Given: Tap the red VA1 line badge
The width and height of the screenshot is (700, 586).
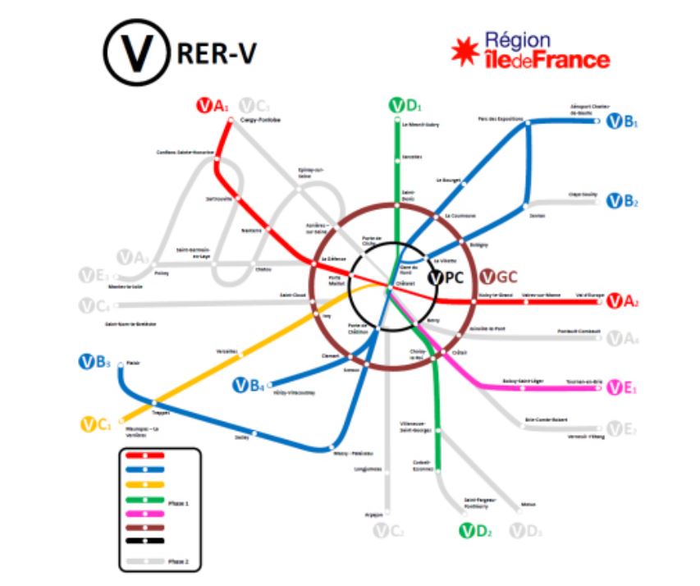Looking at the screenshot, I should click(x=213, y=106).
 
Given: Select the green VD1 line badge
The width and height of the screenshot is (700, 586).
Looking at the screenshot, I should click(x=404, y=106).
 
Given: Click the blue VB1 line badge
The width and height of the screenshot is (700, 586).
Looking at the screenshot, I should click(x=622, y=123).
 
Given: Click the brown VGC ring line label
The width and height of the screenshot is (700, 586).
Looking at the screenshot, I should click(x=497, y=277).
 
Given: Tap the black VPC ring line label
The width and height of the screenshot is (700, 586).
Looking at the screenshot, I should click(x=447, y=277).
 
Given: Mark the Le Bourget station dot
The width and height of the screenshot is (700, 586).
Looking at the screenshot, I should click(x=464, y=185).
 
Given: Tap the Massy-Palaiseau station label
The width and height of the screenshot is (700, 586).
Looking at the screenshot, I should click(x=354, y=453).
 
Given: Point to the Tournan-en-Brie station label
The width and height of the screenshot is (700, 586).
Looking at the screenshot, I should click(x=583, y=381).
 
